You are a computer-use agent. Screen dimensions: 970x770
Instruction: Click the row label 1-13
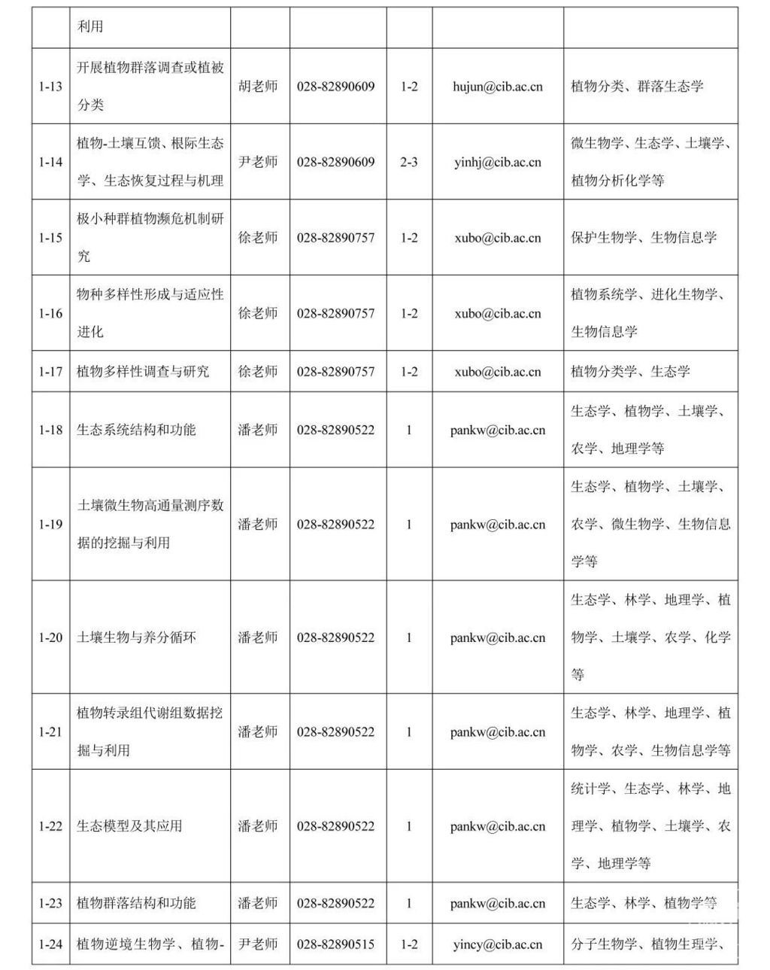point(50,87)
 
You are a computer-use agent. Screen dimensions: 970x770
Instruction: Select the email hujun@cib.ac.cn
point(497,87)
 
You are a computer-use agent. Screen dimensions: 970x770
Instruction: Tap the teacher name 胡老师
point(258,87)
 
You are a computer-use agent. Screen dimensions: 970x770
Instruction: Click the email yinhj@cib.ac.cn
point(497,162)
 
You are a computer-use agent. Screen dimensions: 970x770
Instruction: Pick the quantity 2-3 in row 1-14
point(409,162)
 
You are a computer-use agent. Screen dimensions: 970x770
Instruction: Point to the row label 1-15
point(50,238)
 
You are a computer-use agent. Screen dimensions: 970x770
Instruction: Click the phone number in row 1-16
point(335,313)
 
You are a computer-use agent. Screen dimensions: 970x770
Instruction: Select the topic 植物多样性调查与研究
point(143,372)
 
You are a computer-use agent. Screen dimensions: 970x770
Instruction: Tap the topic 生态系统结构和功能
point(136,430)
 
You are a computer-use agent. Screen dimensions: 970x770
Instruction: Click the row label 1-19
point(50,524)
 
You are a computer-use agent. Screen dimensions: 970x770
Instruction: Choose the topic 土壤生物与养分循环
point(136,637)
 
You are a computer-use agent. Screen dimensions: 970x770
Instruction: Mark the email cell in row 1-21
point(497,731)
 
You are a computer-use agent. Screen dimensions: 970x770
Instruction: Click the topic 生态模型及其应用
point(129,826)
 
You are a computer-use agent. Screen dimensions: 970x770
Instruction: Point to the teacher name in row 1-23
point(258,903)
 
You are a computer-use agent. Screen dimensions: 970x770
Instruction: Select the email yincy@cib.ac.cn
point(497,944)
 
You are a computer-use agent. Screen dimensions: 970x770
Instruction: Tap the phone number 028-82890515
point(335,944)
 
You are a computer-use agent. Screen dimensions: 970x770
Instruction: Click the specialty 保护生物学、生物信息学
point(644,238)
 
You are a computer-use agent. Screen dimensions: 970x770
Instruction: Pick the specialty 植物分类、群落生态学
point(637,87)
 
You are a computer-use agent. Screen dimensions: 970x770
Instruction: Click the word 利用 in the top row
point(90,27)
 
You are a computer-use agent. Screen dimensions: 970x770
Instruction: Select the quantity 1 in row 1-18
point(409,430)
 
